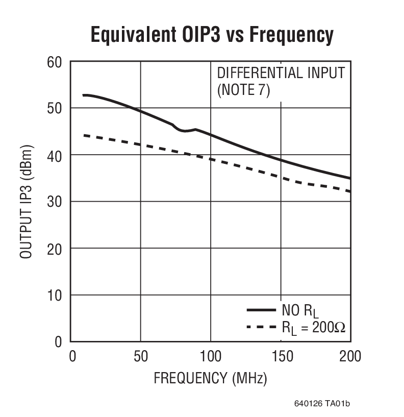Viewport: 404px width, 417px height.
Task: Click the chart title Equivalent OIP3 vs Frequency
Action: click(x=212, y=35)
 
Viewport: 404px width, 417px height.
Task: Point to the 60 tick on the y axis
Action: click(x=55, y=62)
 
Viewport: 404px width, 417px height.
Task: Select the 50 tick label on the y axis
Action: click(x=55, y=109)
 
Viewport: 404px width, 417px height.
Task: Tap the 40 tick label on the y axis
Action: click(x=55, y=155)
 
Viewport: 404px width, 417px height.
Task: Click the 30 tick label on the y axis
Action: click(x=55, y=202)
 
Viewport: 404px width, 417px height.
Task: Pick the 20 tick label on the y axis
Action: click(x=55, y=249)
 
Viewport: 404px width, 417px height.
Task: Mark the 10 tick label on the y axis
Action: click(x=55, y=296)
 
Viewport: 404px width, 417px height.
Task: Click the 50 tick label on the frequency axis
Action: click(x=140, y=356)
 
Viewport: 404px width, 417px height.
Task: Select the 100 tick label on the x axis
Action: click(x=210, y=356)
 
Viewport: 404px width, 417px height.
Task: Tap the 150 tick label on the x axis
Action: click(x=280, y=356)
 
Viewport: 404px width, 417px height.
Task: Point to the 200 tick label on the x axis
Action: click(x=349, y=356)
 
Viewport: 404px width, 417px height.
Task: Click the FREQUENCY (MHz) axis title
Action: click(x=210, y=379)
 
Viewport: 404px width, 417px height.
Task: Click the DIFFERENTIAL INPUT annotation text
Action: click(x=281, y=73)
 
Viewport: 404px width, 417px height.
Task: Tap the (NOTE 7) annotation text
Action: click(x=243, y=90)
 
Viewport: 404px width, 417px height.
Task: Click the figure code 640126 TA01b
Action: click(x=322, y=404)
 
